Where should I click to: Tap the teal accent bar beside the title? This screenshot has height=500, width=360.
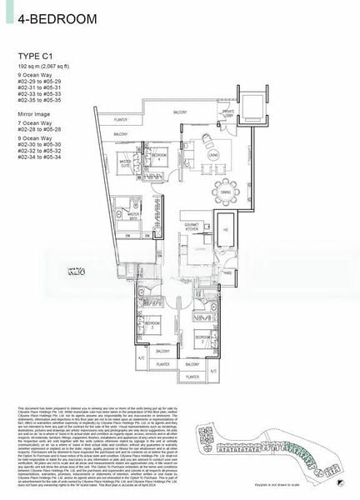click(x=7, y=17)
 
